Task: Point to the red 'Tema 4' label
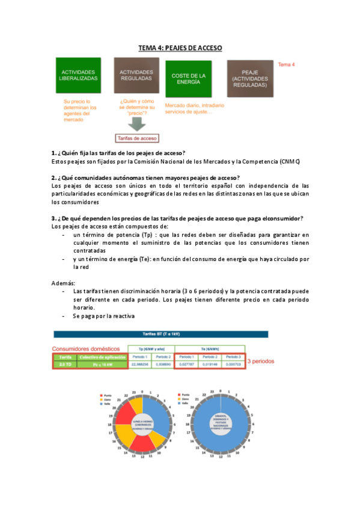[286, 64]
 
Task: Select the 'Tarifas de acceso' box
[137, 138]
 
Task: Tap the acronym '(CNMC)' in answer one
[289, 162]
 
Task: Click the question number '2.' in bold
[54, 177]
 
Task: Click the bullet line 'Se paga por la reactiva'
[103, 316]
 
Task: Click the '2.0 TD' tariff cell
[65, 364]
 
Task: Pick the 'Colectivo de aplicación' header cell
[102, 357]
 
